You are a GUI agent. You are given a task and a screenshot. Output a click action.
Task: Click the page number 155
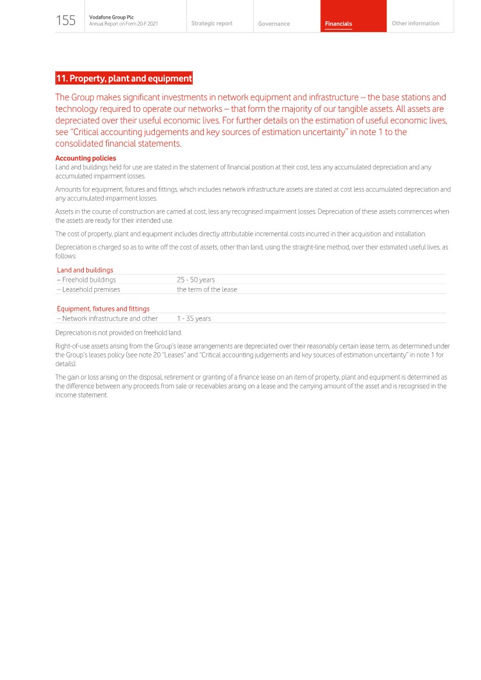pos(66,21)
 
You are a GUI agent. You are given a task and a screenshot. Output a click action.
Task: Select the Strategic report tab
pos(211,24)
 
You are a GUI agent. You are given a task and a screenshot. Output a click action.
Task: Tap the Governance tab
pos(274,24)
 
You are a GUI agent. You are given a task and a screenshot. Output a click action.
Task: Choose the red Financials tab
pos(338,24)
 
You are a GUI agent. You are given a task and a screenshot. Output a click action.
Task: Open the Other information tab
pos(415,24)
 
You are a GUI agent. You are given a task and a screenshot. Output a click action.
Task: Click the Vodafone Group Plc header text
pos(111,17)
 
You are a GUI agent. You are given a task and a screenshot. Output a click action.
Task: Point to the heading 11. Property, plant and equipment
pos(123,78)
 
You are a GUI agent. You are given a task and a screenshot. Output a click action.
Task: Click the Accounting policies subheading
pos(86,158)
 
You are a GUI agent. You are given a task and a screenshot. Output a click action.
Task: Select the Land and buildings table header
pos(85,270)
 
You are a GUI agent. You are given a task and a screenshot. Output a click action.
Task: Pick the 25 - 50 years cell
pos(196,280)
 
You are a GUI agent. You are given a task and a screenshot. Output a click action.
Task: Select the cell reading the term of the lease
pos(207,289)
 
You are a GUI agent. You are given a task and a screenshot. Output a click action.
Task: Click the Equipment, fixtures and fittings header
pos(103,309)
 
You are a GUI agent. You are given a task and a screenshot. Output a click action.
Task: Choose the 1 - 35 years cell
pos(194,318)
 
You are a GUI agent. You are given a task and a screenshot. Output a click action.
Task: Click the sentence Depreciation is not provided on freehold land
pos(119,333)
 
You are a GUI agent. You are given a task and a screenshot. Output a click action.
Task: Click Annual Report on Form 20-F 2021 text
pos(123,24)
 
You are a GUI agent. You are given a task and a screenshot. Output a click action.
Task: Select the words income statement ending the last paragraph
pos(82,395)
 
